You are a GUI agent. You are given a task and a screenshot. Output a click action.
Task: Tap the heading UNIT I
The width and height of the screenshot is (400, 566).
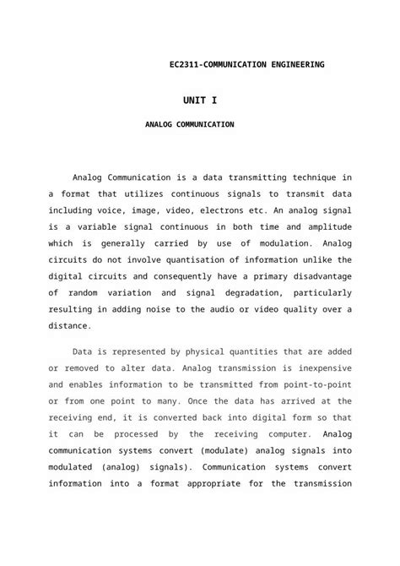pyautogui.click(x=200, y=101)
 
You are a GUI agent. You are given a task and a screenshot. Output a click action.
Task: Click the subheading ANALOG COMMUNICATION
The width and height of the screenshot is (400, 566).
pyautogui.click(x=189, y=124)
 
